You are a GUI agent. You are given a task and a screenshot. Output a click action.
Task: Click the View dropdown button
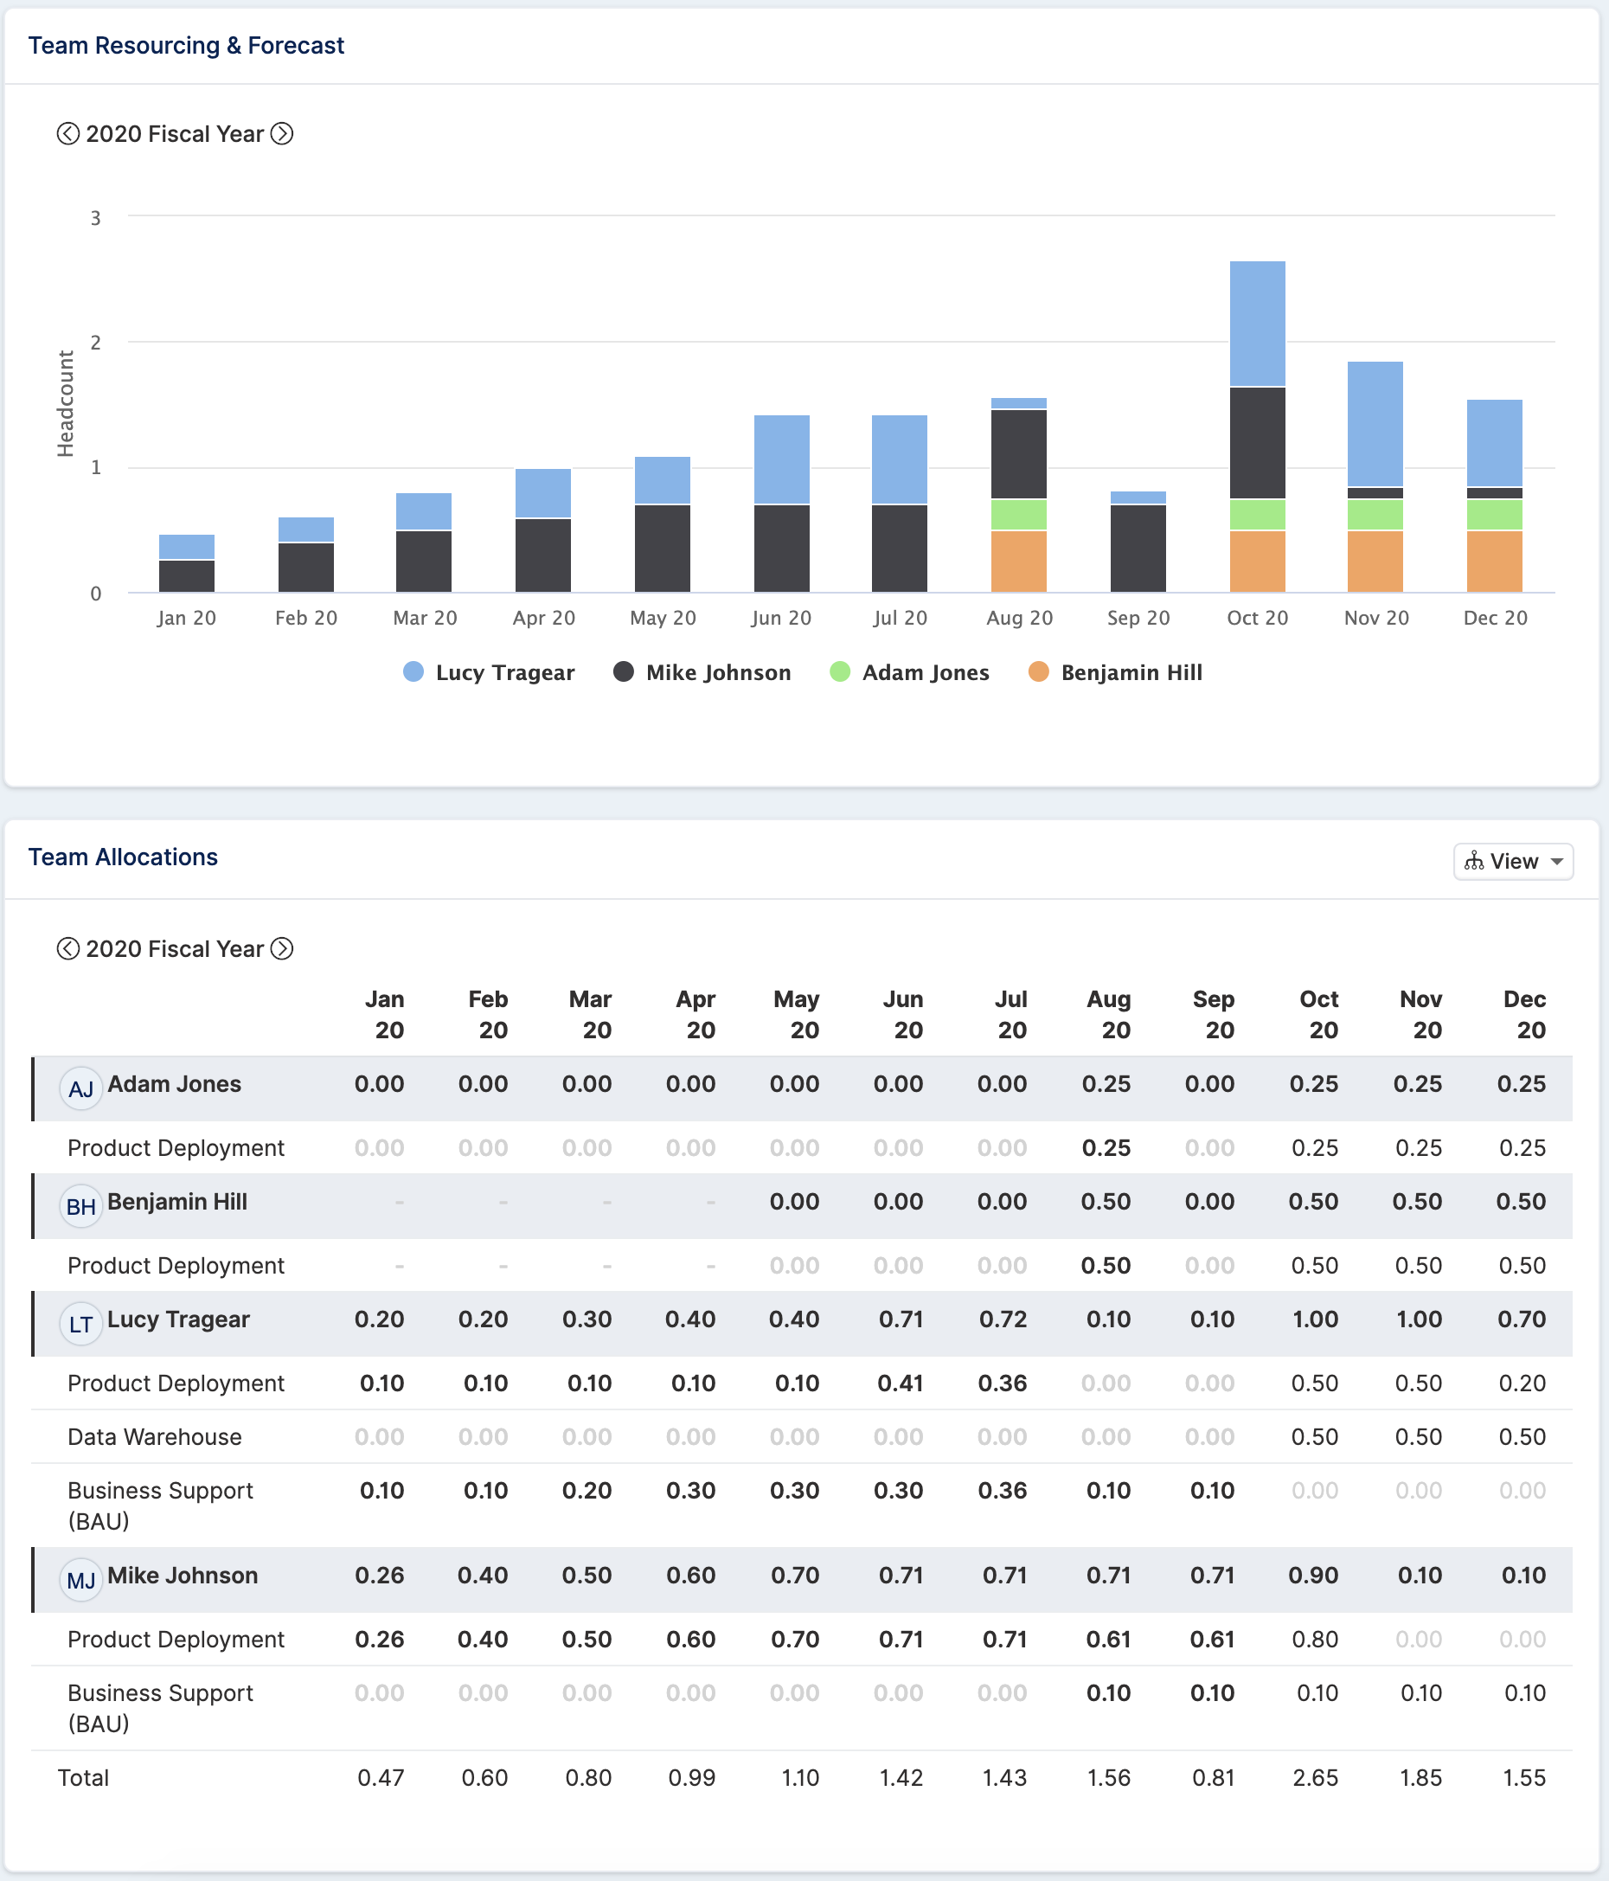coord(1513,861)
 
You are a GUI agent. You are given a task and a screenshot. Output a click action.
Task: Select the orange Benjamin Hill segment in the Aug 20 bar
coord(1018,561)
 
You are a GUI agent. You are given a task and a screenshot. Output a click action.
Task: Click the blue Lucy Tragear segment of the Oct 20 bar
coord(1257,324)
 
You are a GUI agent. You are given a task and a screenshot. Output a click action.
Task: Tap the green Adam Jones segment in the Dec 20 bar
coord(1494,515)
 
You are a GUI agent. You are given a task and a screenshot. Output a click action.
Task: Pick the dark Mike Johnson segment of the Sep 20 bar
coord(1138,549)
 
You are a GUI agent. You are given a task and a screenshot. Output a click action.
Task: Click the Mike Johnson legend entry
coord(702,671)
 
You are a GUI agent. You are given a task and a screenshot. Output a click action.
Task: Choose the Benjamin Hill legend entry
coord(1114,671)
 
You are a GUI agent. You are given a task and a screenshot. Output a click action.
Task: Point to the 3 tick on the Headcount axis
coord(95,218)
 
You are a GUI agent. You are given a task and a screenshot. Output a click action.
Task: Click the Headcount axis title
coord(66,403)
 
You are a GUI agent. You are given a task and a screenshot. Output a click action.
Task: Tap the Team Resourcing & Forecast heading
coord(186,45)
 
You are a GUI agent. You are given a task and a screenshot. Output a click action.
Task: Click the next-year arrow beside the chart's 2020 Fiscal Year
coord(282,133)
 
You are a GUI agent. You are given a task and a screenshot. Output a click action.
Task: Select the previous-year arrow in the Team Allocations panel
coord(68,948)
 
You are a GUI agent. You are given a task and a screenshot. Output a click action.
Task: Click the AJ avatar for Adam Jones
coord(80,1088)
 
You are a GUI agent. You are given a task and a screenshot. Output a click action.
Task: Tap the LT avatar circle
coord(80,1324)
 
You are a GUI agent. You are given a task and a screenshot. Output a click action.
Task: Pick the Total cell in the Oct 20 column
coord(1315,1777)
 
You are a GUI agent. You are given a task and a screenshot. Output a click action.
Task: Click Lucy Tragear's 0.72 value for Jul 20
coord(1003,1319)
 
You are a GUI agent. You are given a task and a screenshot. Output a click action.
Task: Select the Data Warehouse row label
coord(154,1437)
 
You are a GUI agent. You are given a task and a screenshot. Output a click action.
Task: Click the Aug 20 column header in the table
coord(1110,1015)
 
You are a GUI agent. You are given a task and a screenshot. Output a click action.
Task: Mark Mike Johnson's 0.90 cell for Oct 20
coord(1313,1575)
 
